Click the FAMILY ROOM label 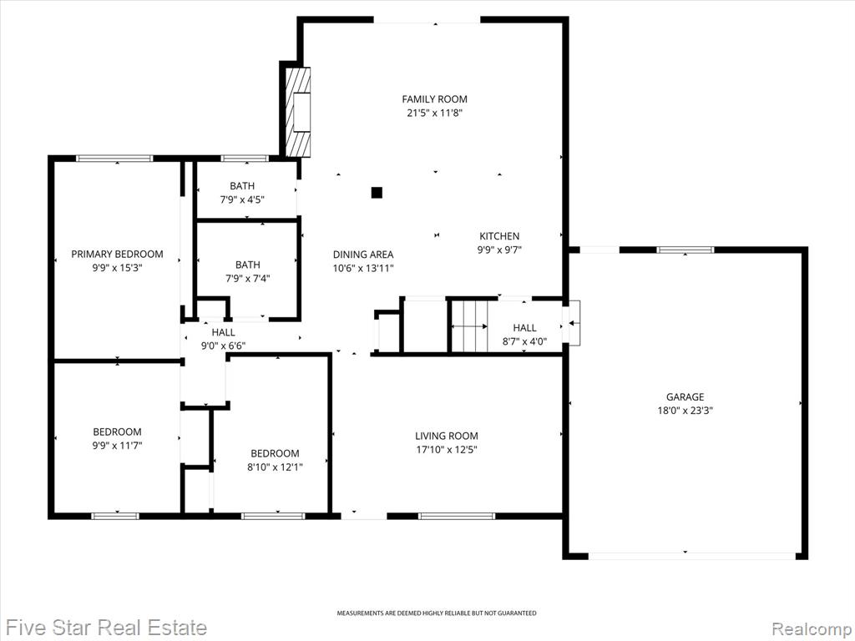(434, 99)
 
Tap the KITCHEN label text (499, 236)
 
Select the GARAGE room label (685, 396)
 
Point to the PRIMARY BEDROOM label (117, 254)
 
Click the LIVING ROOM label (447, 436)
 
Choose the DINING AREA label (363, 255)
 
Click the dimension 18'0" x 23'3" (685, 411)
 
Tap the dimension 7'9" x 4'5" (242, 200)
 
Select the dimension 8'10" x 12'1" (275, 467)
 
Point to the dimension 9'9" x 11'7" (117, 446)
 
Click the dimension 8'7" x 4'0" (524, 341)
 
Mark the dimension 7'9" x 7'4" (247, 279)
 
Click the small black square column (377, 193)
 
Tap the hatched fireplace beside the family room (298, 113)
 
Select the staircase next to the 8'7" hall (469, 326)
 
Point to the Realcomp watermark (812, 628)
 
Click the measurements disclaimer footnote (436, 613)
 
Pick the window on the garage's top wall (685, 250)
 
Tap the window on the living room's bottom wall (457, 516)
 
